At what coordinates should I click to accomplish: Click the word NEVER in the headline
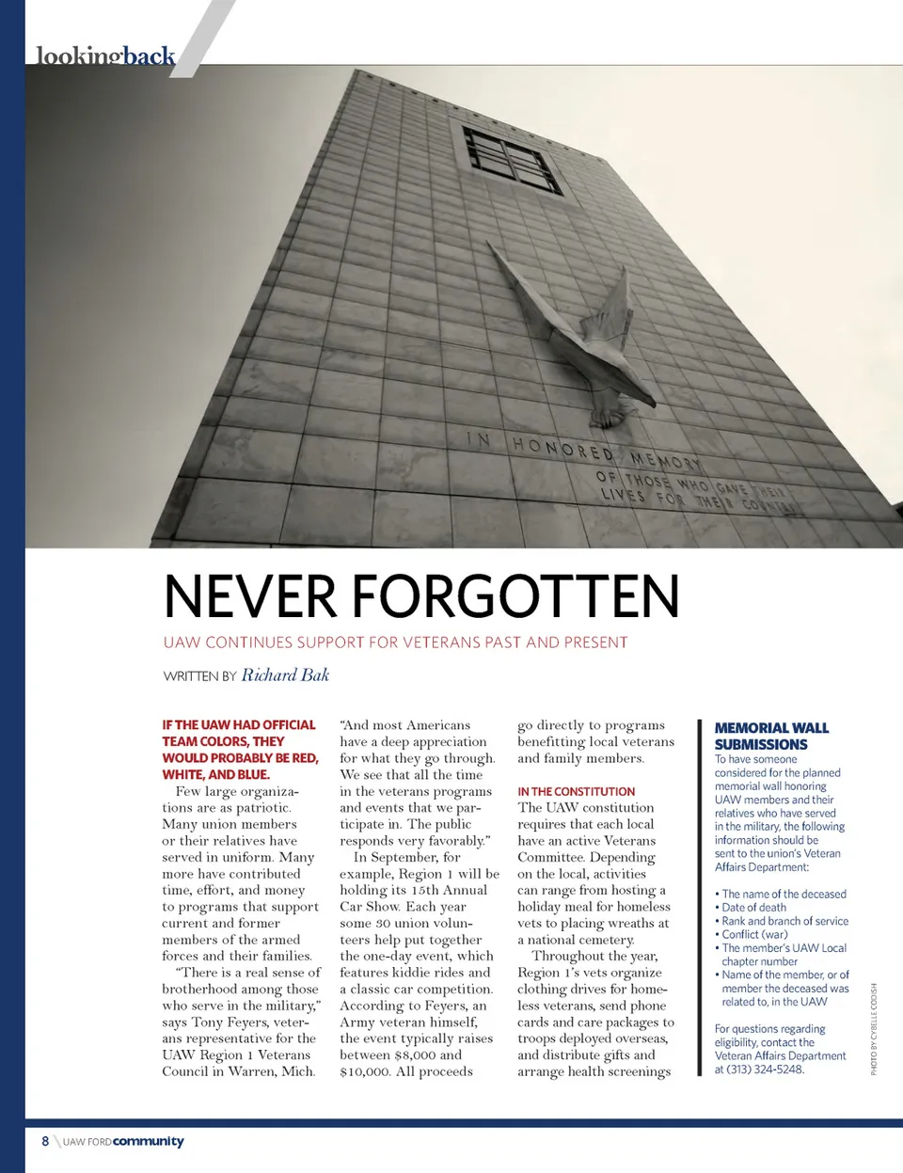tap(249, 596)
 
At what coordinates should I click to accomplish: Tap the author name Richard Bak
tap(285, 674)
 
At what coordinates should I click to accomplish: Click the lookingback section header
tap(105, 56)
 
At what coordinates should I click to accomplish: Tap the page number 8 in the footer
tap(45, 1141)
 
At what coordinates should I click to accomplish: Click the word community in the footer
tap(149, 1141)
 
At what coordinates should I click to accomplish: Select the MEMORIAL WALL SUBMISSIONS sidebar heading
tap(770, 736)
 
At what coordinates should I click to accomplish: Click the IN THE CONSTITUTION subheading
tap(576, 792)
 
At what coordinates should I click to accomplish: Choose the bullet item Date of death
tap(753, 908)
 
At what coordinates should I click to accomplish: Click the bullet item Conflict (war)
tap(754, 935)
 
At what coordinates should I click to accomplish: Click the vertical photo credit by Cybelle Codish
tap(873, 1029)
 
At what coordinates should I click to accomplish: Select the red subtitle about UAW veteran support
tap(395, 642)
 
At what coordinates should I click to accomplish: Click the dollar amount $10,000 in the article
tap(364, 1071)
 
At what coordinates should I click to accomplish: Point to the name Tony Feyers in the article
tap(229, 1022)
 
